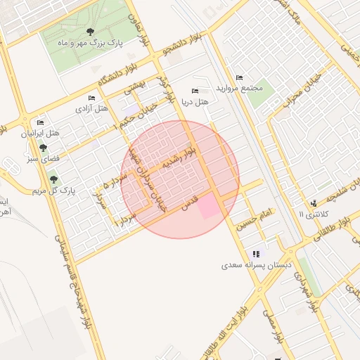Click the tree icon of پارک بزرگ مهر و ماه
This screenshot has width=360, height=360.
tap(91, 32)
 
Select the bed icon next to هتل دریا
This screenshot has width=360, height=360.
tap(195, 91)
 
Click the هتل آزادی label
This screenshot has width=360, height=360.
tap(92, 110)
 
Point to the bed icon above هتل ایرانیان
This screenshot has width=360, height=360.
tap(40, 122)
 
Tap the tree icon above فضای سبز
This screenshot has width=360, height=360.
tap(44, 148)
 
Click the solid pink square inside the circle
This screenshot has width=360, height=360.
tap(209, 207)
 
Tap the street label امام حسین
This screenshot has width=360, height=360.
tap(255, 220)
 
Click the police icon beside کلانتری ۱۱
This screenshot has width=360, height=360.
tap(312, 203)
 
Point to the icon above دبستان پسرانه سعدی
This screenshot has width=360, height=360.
tap(256, 254)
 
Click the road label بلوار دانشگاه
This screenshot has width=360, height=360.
tap(117, 76)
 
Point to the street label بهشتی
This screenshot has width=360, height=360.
tap(134, 88)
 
